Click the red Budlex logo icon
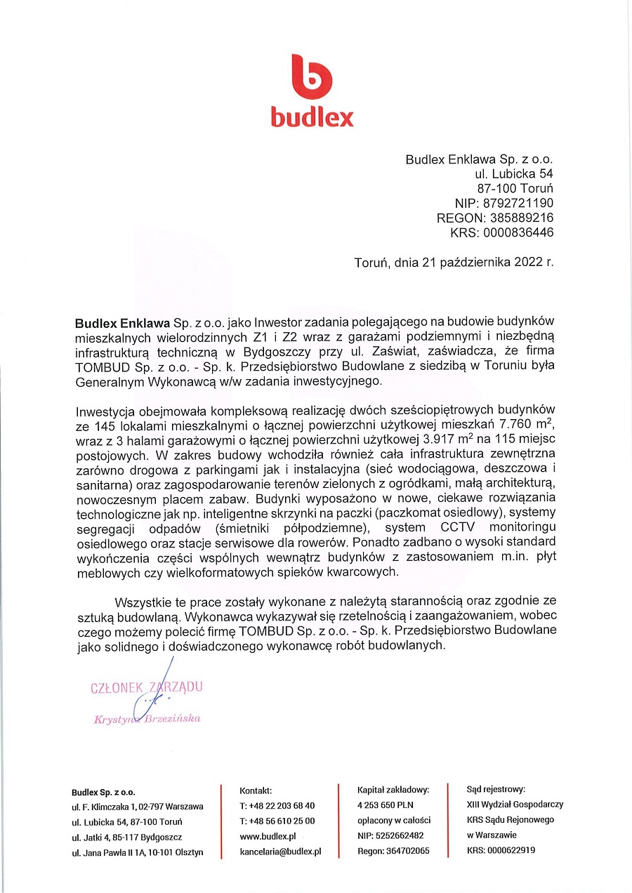tap(311, 77)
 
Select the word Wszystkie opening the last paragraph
tap(145, 601)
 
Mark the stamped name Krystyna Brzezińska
tap(147, 719)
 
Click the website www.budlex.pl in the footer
tap(268, 836)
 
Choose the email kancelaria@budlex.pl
tap(280, 852)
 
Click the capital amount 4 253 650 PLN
tap(386, 805)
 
